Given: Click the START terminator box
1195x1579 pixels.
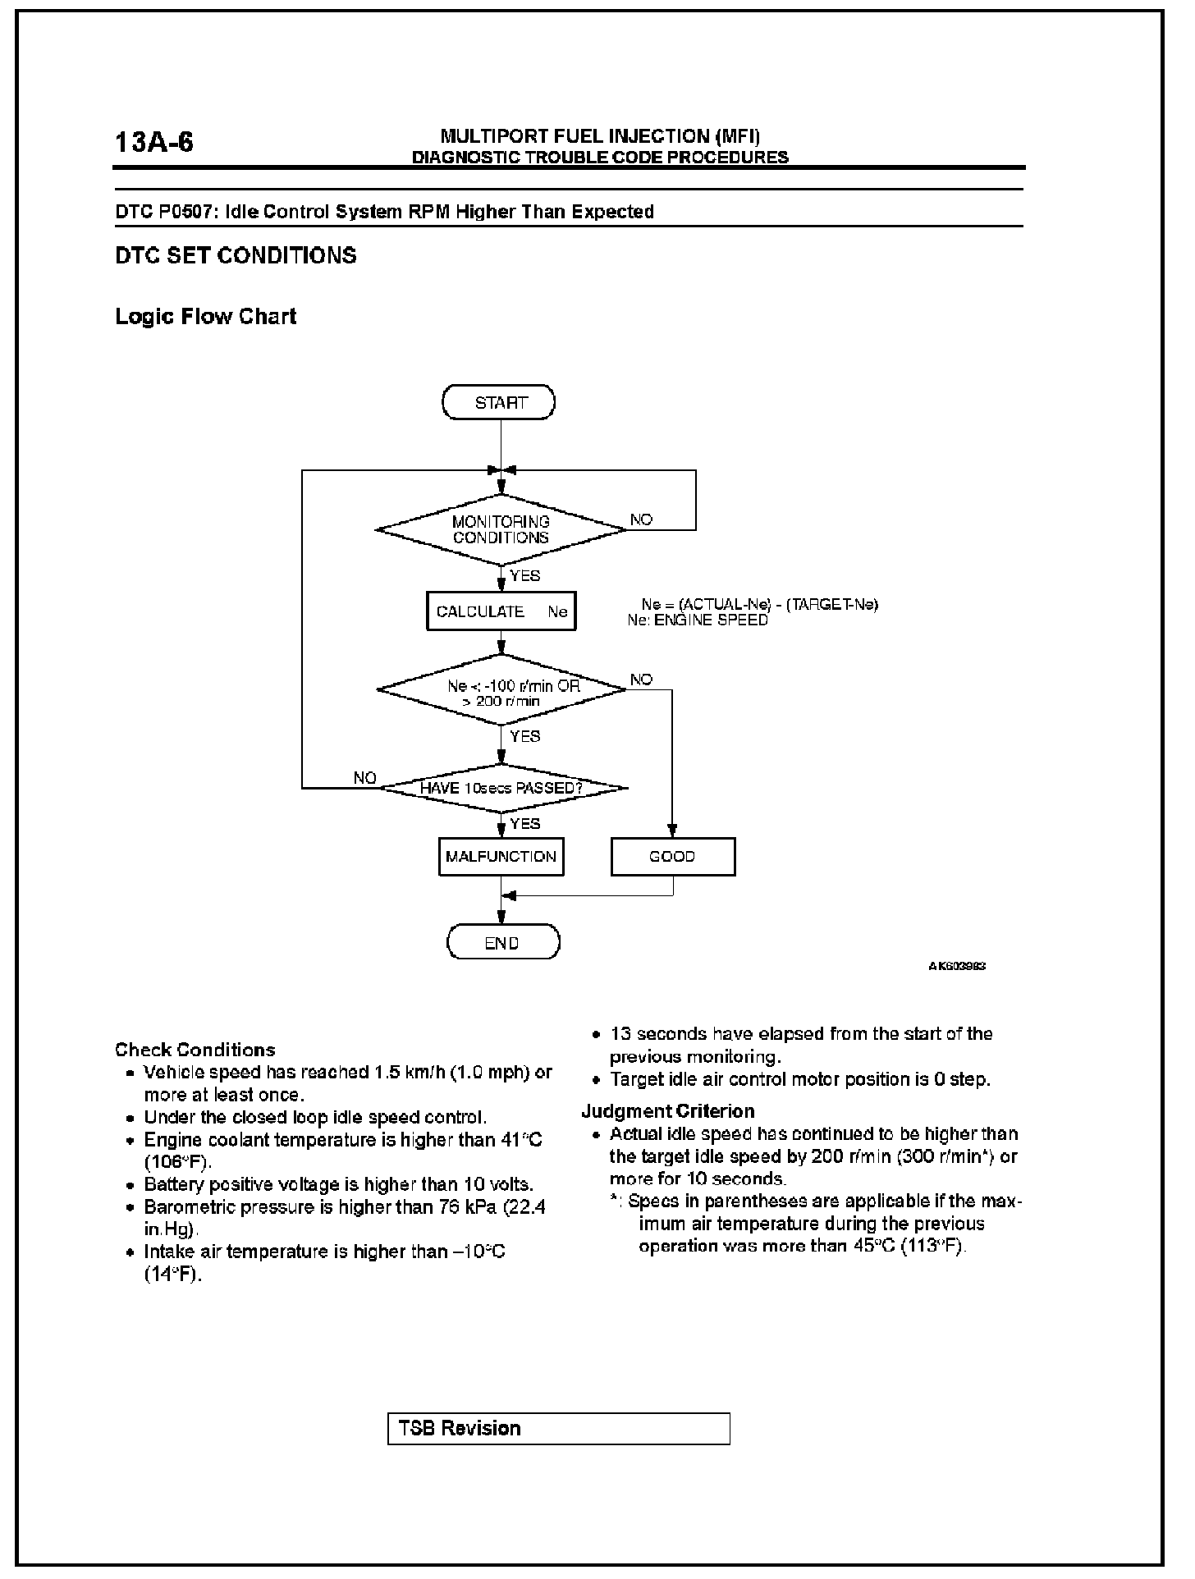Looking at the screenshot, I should tap(498, 402).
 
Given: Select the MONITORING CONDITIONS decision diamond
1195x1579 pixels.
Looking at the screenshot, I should tap(501, 529).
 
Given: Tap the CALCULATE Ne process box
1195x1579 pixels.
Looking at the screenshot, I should tap(501, 611).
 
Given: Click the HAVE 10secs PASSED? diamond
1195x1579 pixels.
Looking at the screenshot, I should tap(501, 788).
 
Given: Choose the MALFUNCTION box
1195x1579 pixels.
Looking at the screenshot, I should tap(501, 857).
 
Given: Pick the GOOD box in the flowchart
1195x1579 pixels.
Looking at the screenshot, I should tap(672, 857).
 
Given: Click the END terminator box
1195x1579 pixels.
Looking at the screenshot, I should tap(502, 942).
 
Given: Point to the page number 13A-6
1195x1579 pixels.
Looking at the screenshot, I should tap(154, 143).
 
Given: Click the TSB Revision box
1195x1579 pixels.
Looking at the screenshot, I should tap(558, 1428).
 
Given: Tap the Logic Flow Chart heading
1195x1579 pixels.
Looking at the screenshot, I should tap(205, 317).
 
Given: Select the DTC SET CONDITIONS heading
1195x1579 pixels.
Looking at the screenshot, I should tap(236, 255).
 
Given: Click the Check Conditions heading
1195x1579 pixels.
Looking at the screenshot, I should tap(195, 1050).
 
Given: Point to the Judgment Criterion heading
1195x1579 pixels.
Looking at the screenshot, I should tap(667, 1111).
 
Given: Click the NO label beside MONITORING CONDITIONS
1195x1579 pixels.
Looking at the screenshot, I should tap(641, 519).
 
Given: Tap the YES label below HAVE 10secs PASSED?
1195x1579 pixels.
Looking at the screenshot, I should tap(525, 823).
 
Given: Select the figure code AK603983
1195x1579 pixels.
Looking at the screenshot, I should tap(957, 966).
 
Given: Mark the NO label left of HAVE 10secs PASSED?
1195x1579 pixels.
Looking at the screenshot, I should tap(364, 777).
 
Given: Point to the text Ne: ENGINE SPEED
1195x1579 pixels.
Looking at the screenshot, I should tap(698, 620).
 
